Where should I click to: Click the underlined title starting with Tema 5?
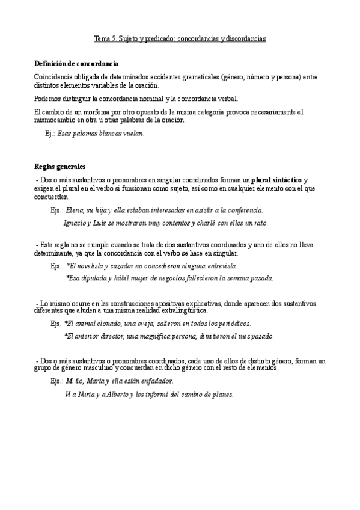(x=180, y=38)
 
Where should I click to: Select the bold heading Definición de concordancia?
(x=76, y=64)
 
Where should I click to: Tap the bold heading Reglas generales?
(x=59, y=167)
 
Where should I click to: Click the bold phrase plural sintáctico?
(x=276, y=180)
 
